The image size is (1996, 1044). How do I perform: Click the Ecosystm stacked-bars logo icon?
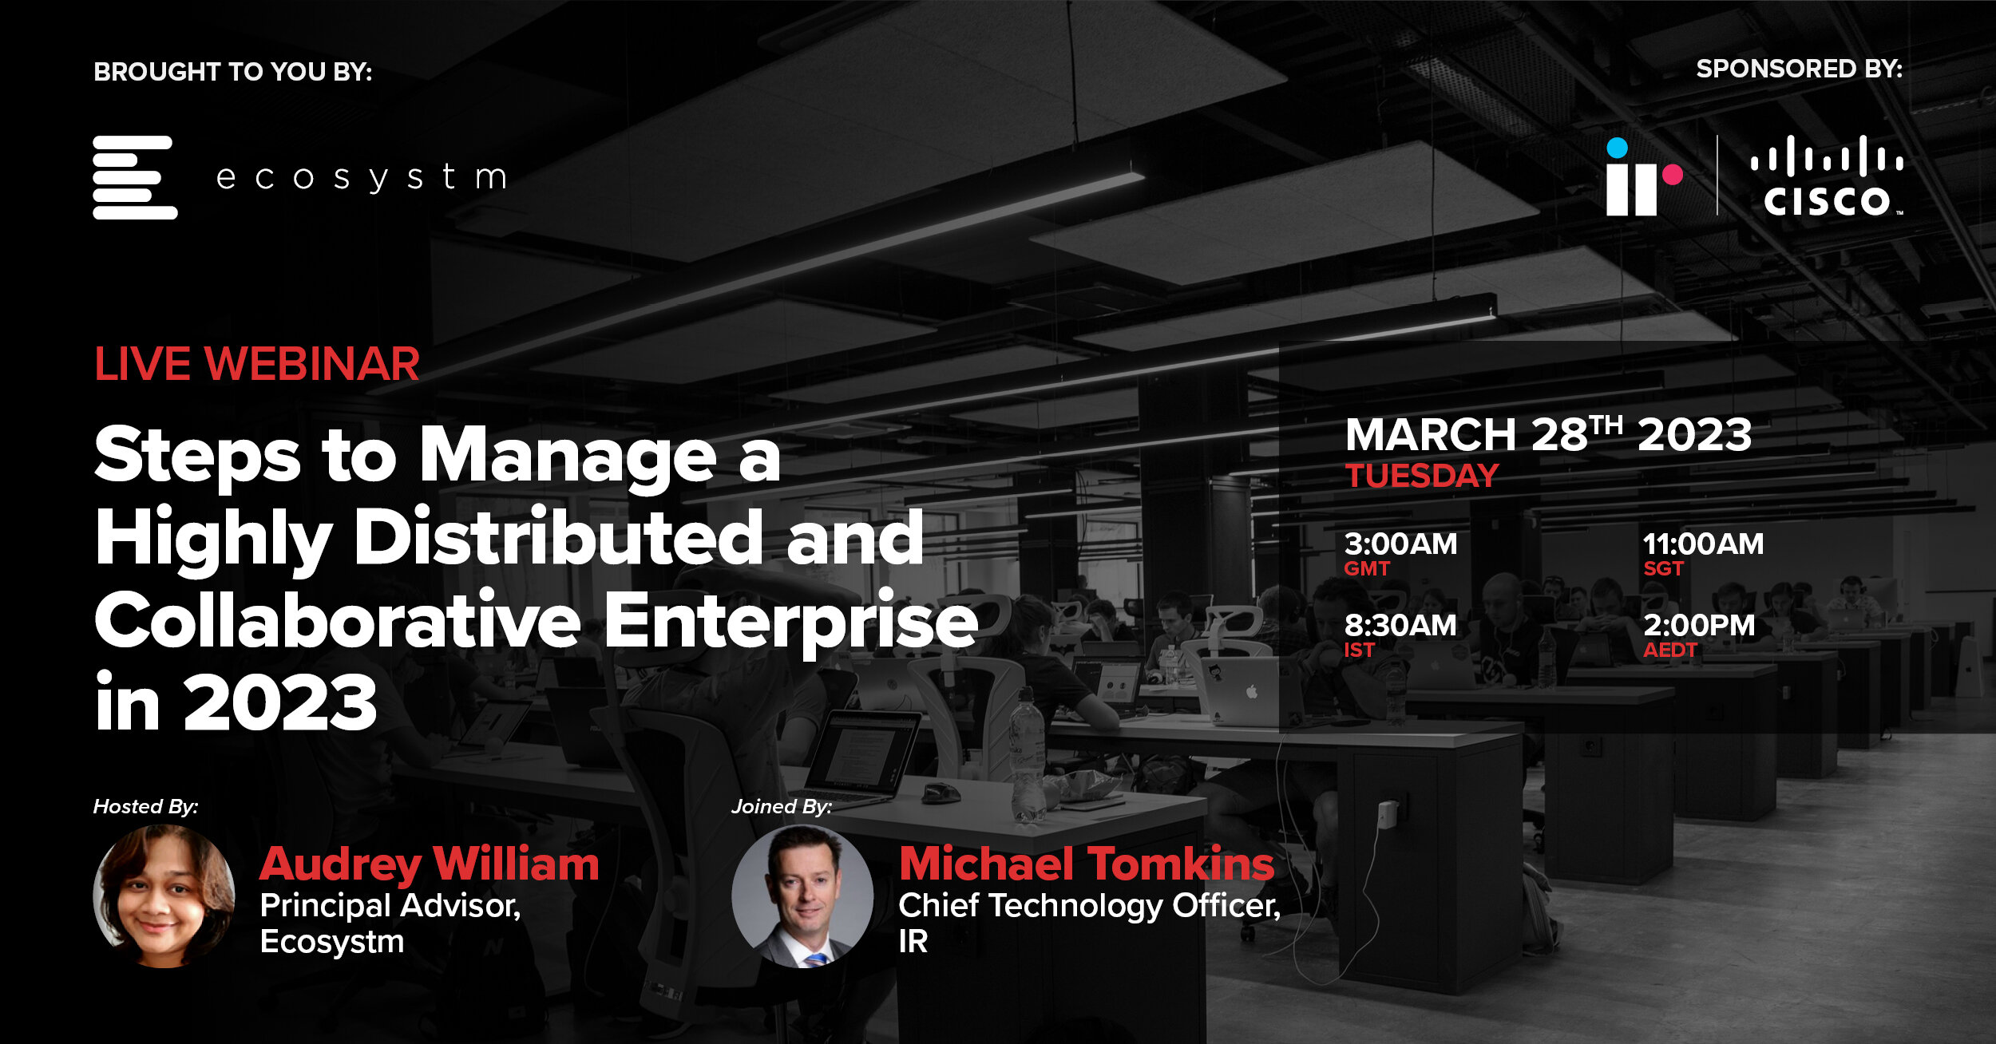pyautogui.click(x=135, y=177)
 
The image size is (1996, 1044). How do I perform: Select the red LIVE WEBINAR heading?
pyautogui.click(x=256, y=364)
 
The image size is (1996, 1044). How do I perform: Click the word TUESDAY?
pyautogui.click(x=1422, y=476)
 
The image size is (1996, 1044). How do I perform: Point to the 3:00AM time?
pyautogui.click(x=1400, y=544)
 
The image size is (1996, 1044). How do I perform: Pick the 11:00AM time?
pyautogui.click(x=1703, y=544)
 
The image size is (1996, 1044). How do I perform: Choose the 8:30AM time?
pyautogui.click(x=1400, y=625)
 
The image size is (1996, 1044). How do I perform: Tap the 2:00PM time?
pyautogui.click(x=1699, y=625)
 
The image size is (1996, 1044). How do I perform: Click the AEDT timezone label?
pyautogui.click(x=1669, y=651)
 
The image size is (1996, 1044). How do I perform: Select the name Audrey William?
pyautogui.click(x=430, y=865)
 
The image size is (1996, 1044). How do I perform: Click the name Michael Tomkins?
pyautogui.click(x=1087, y=864)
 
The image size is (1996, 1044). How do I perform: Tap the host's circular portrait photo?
pyautogui.click(x=164, y=896)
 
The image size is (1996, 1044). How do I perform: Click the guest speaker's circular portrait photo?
pyautogui.click(x=802, y=896)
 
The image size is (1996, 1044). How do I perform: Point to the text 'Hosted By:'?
pyautogui.click(x=145, y=807)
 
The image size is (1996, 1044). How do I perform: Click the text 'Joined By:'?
pyautogui.click(x=782, y=807)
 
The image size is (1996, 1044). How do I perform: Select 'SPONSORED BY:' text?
pyautogui.click(x=1800, y=69)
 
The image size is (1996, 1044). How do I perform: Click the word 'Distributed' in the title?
pyautogui.click(x=558, y=537)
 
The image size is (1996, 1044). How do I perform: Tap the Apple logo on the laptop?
pyautogui.click(x=1251, y=691)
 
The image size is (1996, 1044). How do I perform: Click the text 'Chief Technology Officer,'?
pyautogui.click(x=1090, y=907)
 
